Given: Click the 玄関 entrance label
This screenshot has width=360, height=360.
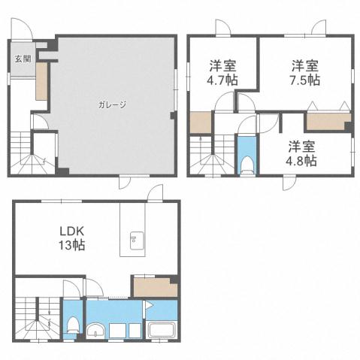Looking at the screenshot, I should pos(17,59).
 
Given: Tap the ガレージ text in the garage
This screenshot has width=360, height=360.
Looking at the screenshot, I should pos(110,104).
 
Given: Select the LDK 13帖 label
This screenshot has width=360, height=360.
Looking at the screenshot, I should pos(73,237).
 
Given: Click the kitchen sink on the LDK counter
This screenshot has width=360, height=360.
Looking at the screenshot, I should pos(137,241).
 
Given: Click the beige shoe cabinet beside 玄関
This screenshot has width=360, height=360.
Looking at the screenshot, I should pos(41,81).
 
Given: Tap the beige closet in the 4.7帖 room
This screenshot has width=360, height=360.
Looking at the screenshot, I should pos(201,122).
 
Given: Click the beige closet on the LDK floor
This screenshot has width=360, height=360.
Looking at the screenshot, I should pos(154,286).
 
